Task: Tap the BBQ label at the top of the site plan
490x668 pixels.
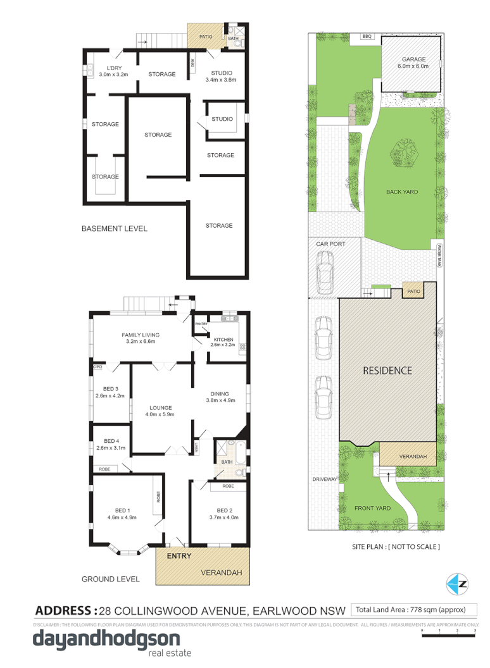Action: (367, 37)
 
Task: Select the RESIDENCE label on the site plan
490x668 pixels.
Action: (387, 371)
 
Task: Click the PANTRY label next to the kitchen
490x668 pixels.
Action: (201, 324)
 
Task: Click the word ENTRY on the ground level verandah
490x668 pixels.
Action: (179, 555)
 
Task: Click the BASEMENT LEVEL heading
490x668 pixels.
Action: (115, 228)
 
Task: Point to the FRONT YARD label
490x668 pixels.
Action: (391, 508)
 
